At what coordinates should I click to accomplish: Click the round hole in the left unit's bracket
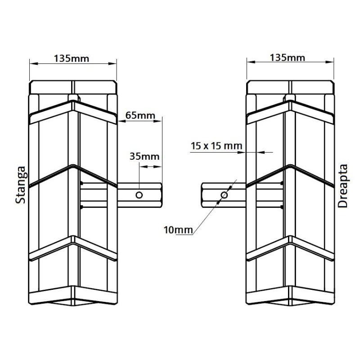(139, 195)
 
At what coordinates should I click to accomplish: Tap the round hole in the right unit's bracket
(224, 195)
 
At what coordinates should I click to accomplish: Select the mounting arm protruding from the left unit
(135, 195)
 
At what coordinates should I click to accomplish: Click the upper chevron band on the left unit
(73, 110)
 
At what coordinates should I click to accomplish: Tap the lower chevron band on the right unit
(291, 249)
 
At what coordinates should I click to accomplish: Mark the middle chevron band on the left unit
(73, 175)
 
